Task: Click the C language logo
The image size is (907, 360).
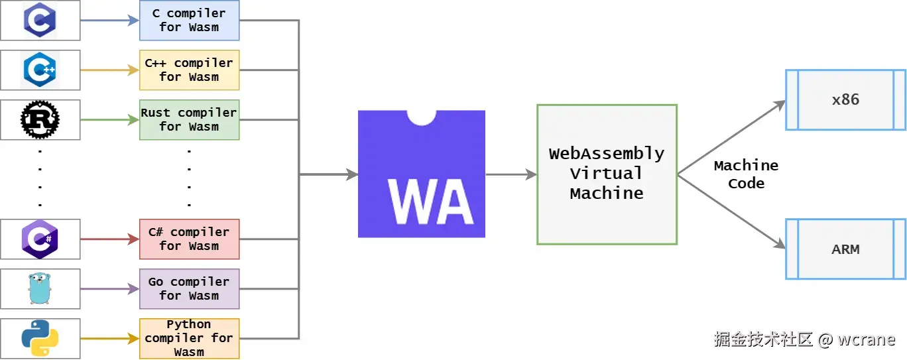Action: (x=40, y=20)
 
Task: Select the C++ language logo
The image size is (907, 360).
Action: (x=40, y=70)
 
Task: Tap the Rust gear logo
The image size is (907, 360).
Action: (x=40, y=119)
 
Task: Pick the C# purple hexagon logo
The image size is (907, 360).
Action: (x=40, y=239)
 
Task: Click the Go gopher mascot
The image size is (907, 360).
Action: (x=40, y=288)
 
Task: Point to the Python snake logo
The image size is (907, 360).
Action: (x=40, y=338)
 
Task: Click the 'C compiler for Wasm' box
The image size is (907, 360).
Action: (x=189, y=20)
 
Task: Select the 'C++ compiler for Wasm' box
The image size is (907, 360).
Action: (x=189, y=70)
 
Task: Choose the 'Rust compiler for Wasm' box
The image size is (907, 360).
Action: (x=189, y=119)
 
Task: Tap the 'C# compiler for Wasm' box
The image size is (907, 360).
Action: (x=189, y=239)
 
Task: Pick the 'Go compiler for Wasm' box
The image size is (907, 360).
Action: (x=189, y=288)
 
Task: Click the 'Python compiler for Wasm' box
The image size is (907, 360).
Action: (x=189, y=338)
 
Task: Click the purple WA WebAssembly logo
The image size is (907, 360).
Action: (x=422, y=174)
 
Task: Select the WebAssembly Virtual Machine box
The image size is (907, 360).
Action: (x=607, y=174)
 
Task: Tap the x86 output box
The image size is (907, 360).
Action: (x=845, y=99)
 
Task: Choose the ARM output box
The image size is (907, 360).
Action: (x=845, y=249)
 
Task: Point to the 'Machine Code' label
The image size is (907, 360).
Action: (x=746, y=174)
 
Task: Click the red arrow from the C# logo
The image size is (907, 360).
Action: (x=109, y=239)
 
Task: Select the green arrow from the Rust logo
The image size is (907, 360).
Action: (x=109, y=120)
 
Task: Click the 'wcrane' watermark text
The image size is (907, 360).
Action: (x=866, y=339)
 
